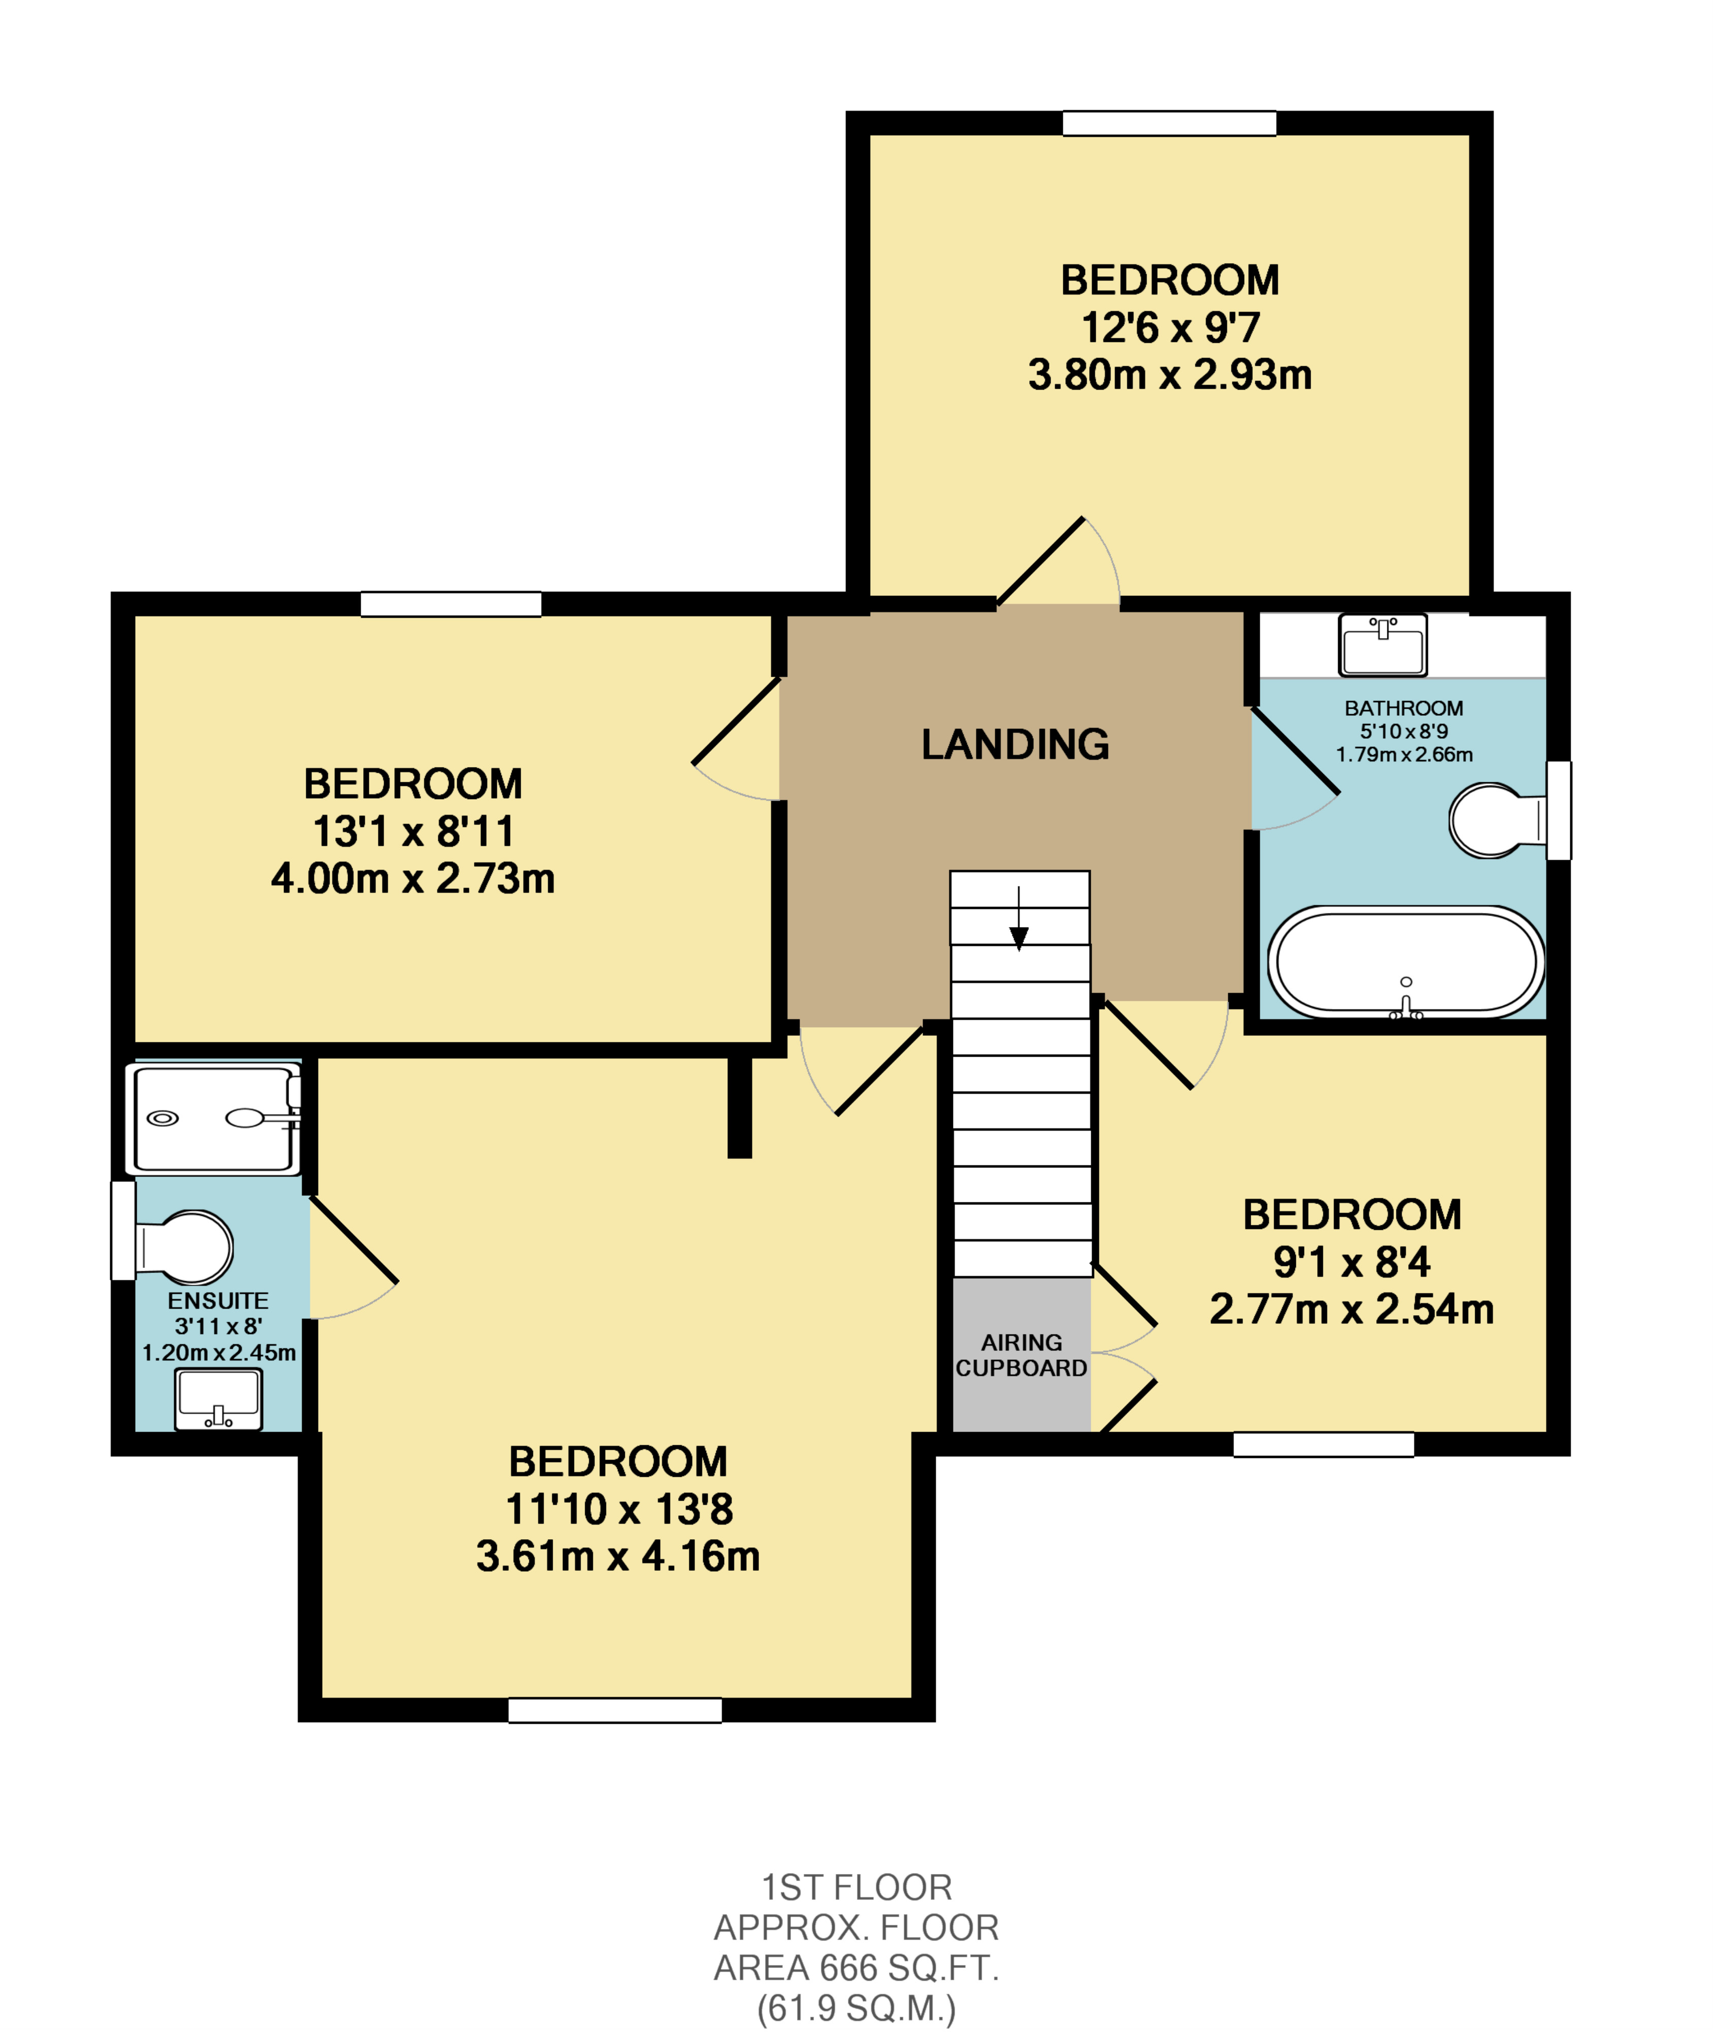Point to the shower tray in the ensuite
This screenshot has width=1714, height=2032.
pyautogui.click(x=214, y=1119)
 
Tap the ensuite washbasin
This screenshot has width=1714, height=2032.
pyautogui.click(x=218, y=1400)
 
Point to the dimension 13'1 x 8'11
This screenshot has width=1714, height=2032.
pyautogui.click(x=413, y=832)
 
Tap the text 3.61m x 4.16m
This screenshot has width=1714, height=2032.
pyautogui.click(x=618, y=1556)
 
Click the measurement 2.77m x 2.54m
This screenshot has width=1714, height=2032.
pyautogui.click(x=1351, y=1309)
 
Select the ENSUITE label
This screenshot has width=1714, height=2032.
pyautogui.click(x=217, y=1300)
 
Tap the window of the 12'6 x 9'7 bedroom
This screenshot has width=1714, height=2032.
pyautogui.click(x=1169, y=123)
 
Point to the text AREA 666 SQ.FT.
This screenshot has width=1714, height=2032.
pyautogui.click(x=856, y=1968)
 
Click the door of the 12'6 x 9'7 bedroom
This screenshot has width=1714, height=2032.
pyautogui.click(x=1040, y=562)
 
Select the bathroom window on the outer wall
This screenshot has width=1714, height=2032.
pyautogui.click(x=1559, y=810)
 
